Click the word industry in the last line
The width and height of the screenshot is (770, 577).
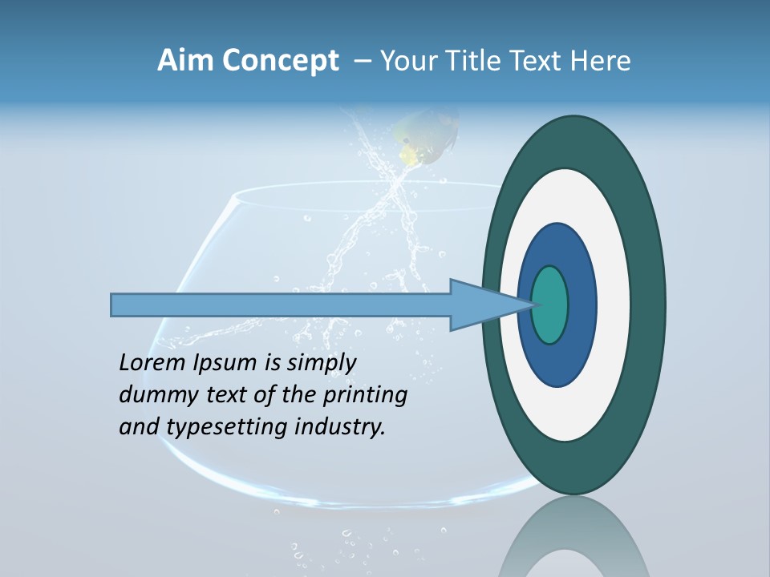point(340,427)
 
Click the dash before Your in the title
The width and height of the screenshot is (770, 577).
point(362,62)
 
